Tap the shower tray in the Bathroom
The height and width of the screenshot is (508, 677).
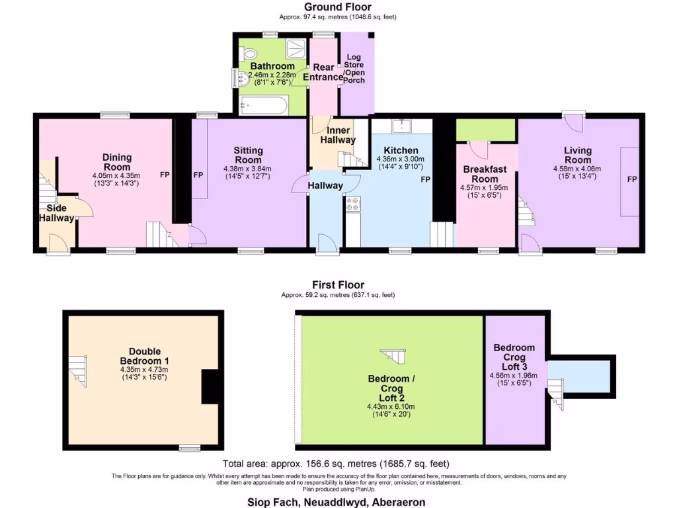coord(297,46)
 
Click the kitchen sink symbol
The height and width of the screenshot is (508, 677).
coord(401,126)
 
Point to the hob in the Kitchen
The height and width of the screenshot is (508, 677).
coord(352,204)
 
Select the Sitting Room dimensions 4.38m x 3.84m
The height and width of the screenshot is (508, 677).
coord(248,168)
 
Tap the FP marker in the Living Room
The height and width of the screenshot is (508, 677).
coord(631,179)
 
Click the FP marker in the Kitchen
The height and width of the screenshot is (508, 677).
coord(425,179)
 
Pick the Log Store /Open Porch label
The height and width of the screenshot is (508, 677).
coord(354,69)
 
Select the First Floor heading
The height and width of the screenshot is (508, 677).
coord(338,285)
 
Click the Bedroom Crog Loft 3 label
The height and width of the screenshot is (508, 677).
coord(514,357)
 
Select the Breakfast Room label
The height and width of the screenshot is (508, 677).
coord(485,174)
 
